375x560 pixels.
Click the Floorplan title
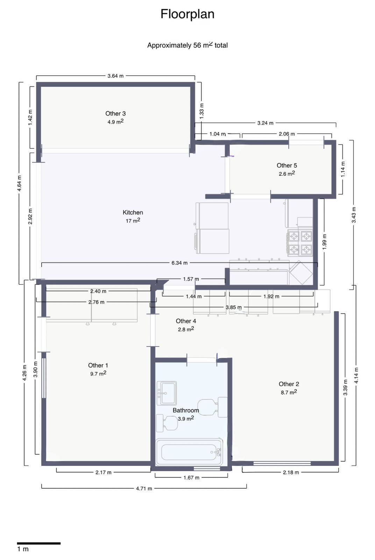click(187, 14)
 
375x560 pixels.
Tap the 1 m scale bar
click(39, 543)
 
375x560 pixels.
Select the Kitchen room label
click(133, 212)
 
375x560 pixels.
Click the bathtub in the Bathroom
click(189, 452)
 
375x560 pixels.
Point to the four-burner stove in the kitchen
click(300, 243)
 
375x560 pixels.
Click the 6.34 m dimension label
click(179, 263)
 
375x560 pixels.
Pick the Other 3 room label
click(115, 113)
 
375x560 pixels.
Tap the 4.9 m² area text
click(115, 122)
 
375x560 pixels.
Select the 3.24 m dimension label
click(265, 123)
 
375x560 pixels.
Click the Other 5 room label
click(286, 166)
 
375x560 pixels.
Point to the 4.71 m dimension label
click(144, 488)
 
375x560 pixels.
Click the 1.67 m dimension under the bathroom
click(191, 477)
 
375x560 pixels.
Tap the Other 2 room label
click(289, 384)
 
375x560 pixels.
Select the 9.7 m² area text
click(98, 373)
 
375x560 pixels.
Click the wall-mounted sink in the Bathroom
click(167, 393)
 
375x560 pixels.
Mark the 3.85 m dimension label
click(233, 307)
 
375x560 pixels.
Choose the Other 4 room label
click(186, 321)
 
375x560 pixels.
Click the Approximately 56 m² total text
click(187, 45)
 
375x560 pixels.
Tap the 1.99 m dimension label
click(324, 241)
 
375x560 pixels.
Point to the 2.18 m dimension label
click(291, 472)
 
